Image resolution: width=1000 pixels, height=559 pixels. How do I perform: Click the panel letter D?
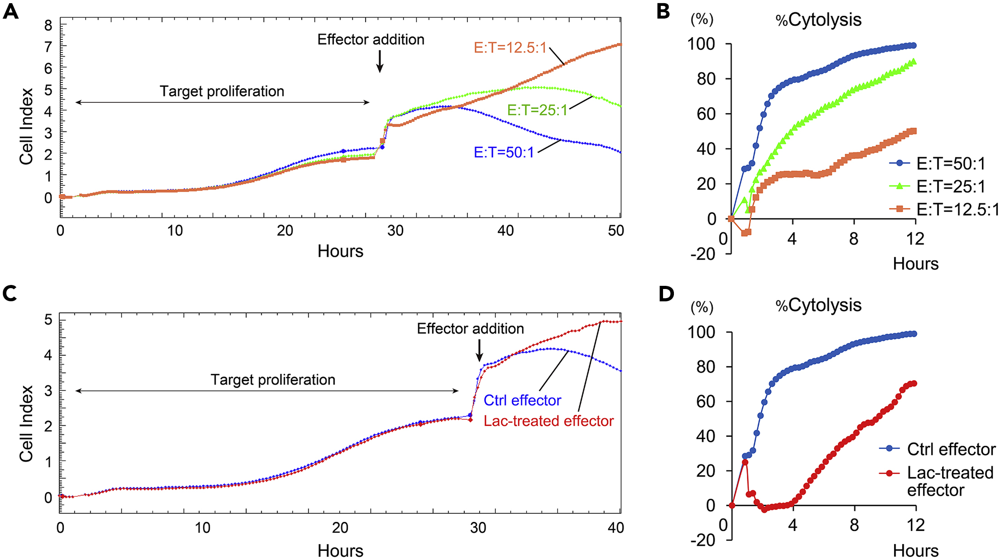pos(666,294)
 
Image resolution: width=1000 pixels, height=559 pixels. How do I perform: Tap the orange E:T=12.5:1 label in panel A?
pos(510,48)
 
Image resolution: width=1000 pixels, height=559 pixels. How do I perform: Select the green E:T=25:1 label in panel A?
pos(537,110)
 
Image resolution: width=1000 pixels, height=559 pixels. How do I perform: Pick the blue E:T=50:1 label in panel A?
pos(504,152)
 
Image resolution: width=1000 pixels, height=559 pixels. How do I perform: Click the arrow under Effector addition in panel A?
pos(380,61)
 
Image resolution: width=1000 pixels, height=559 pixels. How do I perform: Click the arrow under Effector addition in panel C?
pos(480,350)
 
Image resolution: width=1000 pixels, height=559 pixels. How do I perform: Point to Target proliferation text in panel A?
pos(222,91)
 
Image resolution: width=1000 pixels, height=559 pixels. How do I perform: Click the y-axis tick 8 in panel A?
pos(48,25)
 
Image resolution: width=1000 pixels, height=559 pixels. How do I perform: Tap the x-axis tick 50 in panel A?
pos(615,231)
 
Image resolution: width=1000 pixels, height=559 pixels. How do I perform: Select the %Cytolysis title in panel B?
pos(818,20)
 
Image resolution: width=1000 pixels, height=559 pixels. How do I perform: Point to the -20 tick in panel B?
pos(702,254)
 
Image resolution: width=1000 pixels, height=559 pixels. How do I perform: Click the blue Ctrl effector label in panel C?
pos(522,400)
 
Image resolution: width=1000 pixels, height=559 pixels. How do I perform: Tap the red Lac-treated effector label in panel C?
pos(548,421)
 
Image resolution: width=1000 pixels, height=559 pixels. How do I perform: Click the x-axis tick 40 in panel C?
pos(615,528)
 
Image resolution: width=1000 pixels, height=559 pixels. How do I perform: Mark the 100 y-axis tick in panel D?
pos(701,332)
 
